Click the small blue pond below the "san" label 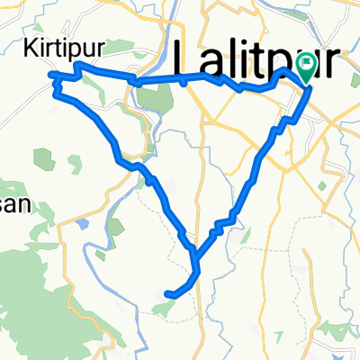click(x=83, y=223)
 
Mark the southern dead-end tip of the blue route click(x=168, y=292)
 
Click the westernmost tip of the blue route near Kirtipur click(x=50, y=75)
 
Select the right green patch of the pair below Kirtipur click(x=73, y=165)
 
